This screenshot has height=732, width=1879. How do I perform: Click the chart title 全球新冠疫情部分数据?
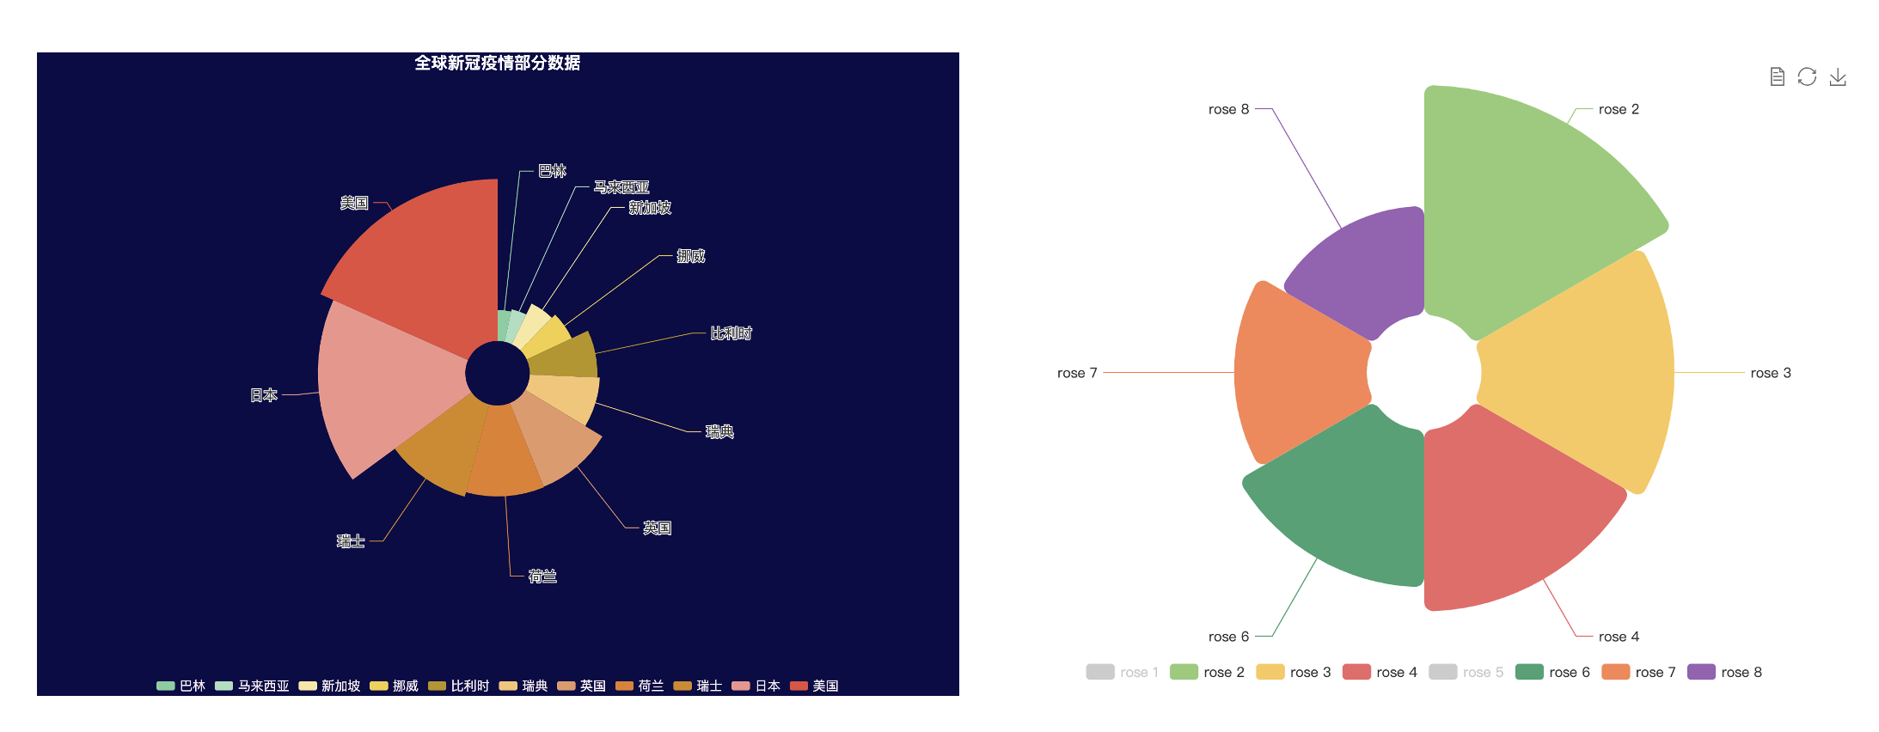[x=497, y=63]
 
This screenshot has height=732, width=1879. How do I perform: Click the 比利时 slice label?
[x=731, y=333]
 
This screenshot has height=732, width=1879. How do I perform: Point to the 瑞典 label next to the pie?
[x=719, y=431]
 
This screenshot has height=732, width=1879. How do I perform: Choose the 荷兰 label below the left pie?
[x=542, y=576]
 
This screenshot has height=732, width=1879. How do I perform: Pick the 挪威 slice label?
[x=690, y=256]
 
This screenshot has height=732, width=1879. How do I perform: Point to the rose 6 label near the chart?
[x=1228, y=637]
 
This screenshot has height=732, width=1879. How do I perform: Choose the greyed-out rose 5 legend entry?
[x=1466, y=672]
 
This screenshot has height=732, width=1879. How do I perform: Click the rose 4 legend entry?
[x=1380, y=672]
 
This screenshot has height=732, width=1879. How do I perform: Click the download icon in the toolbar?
[x=1838, y=77]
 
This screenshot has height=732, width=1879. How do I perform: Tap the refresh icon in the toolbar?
[x=1807, y=77]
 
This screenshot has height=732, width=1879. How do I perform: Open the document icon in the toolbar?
[x=1777, y=77]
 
